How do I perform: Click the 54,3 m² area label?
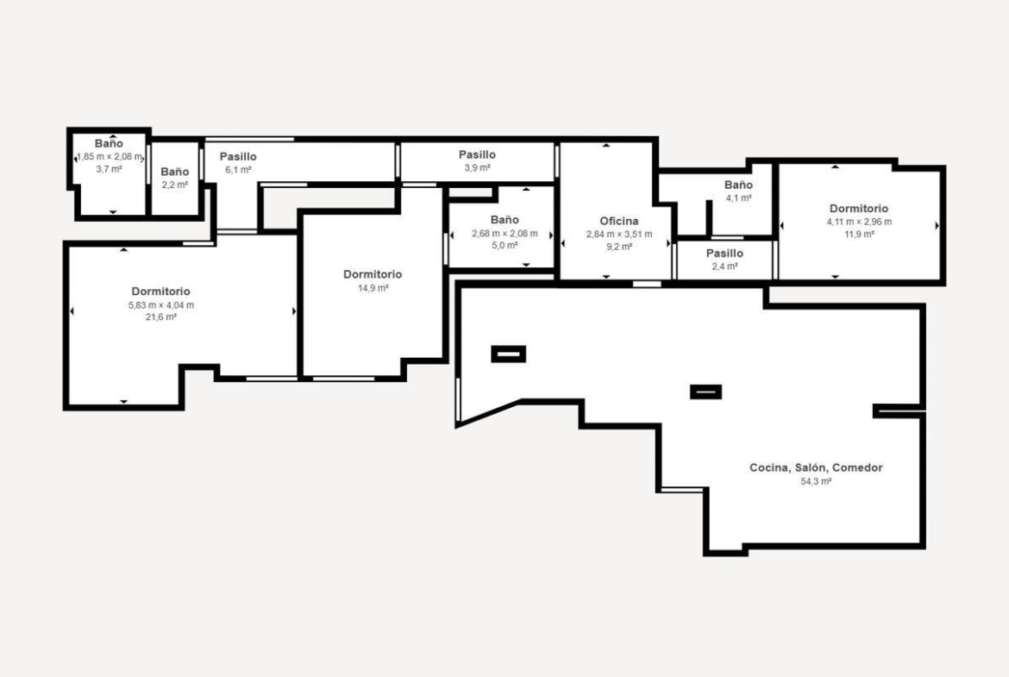tap(816, 481)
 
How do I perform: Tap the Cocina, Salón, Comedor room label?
tap(816, 467)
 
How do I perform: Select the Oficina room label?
tap(619, 221)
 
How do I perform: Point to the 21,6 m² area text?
tap(161, 317)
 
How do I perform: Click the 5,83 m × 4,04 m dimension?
tap(161, 305)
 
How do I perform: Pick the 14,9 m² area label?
tap(373, 288)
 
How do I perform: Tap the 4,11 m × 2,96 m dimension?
tap(859, 222)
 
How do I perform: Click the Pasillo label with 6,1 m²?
tap(238, 156)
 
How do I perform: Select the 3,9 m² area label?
tap(478, 168)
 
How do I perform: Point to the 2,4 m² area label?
tap(724, 266)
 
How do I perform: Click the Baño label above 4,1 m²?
tap(738, 185)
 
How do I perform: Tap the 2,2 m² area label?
tap(175, 185)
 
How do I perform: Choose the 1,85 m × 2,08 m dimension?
tap(110, 156)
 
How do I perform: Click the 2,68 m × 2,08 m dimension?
tap(504, 233)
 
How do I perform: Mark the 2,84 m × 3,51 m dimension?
tap(619, 235)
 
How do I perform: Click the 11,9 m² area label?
tap(859, 235)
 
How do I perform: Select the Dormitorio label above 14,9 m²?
tap(373, 274)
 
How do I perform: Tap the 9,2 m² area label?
tap(619, 247)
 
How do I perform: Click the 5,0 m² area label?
tap(504, 245)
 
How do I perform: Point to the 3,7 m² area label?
tap(109, 169)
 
